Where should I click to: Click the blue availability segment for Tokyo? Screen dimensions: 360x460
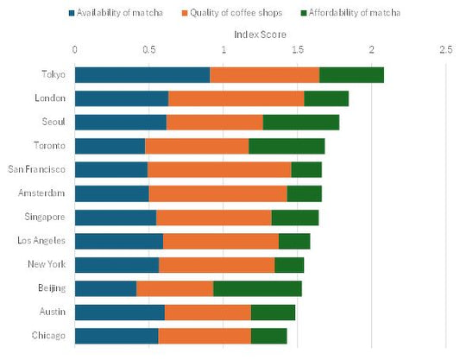pos(142,75)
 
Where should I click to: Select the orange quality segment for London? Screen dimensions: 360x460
pos(236,98)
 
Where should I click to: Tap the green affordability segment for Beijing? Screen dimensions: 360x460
pos(257,288)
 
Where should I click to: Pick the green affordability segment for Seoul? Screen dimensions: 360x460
pos(300,122)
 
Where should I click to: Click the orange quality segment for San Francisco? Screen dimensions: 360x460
pos(219,169)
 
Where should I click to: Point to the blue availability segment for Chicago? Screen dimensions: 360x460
pos(117,336)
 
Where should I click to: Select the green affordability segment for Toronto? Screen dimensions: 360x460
pos(287,146)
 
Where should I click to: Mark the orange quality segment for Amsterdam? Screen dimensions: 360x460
pos(217,193)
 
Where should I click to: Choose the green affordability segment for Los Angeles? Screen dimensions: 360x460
pos(294,241)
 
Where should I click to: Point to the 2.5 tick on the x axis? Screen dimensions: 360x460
pos(445,50)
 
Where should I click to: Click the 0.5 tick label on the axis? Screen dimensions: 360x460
pos(149,50)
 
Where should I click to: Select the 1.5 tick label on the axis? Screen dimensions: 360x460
pos(298,50)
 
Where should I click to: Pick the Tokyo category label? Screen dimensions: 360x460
pos(55,75)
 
